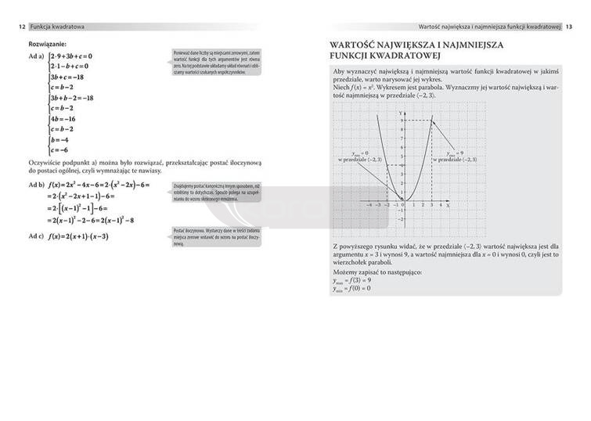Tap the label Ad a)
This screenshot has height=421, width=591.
[36, 56]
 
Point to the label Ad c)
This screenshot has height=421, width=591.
[36, 236]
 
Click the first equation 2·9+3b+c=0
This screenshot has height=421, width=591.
[70, 56]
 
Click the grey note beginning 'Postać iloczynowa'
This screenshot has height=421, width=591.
[217, 237]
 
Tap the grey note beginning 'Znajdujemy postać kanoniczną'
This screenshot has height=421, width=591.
[217, 193]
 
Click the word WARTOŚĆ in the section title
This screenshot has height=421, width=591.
[358, 45]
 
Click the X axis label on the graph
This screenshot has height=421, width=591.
[447, 205]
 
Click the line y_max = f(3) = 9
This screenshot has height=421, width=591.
[351, 279]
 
